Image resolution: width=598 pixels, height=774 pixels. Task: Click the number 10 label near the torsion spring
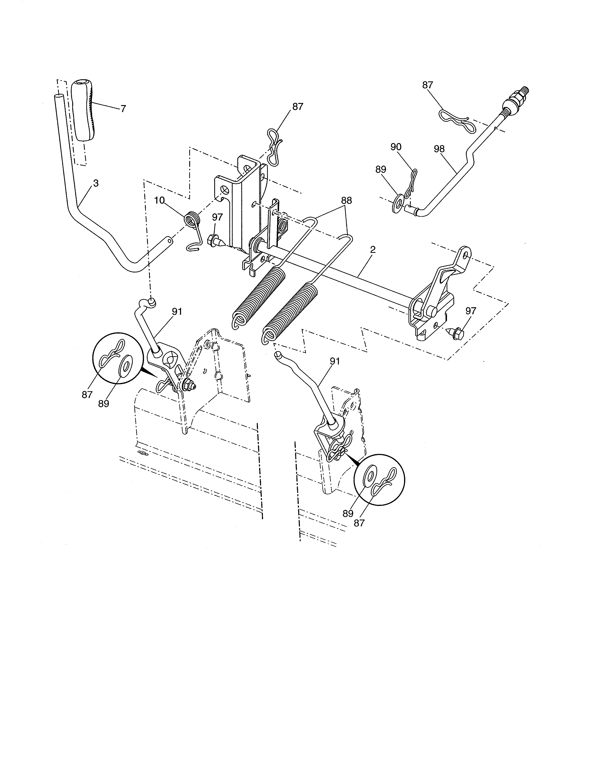click(159, 200)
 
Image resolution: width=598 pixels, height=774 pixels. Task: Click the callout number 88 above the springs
click(346, 200)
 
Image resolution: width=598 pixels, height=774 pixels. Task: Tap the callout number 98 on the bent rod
click(439, 149)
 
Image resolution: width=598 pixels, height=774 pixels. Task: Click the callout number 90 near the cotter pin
click(396, 147)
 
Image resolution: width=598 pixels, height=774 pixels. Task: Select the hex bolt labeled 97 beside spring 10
click(215, 241)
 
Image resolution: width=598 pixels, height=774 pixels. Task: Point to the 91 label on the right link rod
click(335, 361)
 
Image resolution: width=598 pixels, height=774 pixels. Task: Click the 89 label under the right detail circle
click(348, 513)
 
